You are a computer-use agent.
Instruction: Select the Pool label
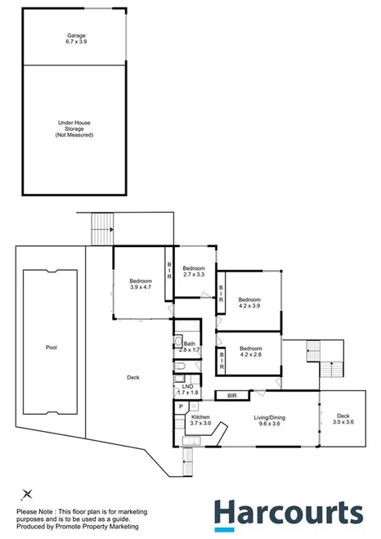click(x=51, y=347)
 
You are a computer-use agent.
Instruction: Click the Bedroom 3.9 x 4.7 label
click(x=141, y=284)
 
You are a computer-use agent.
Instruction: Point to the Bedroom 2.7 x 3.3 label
click(x=193, y=271)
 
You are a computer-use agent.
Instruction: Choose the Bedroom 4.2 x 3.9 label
click(x=249, y=302)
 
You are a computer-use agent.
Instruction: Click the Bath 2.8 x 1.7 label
click(x=190, y=347)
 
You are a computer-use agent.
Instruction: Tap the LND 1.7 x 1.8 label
click(x=188, y=389)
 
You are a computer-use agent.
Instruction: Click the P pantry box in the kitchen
click(x=179, y=406)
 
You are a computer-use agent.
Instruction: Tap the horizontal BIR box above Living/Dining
click(x=231, y=396)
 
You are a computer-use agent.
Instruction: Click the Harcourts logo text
click(x=289, y=514)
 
